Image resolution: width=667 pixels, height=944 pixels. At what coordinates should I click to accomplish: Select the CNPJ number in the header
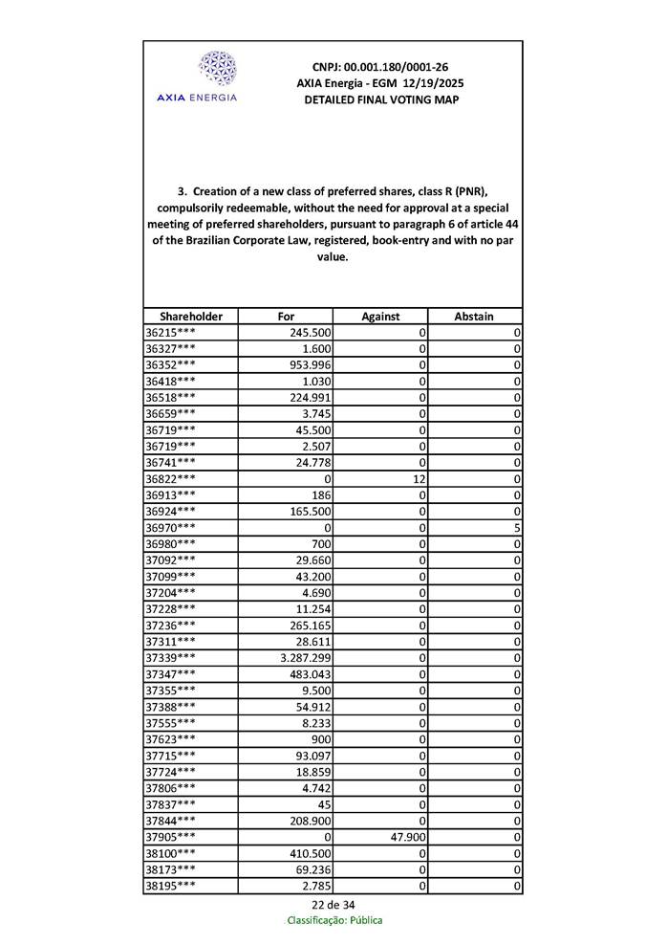tap(379, 67)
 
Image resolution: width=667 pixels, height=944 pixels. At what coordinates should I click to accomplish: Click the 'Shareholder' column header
tap(191, 317)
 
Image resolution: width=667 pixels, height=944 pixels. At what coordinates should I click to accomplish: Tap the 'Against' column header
tap(380, 317)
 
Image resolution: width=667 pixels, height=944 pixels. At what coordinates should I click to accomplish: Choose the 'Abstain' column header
tap(474, 317)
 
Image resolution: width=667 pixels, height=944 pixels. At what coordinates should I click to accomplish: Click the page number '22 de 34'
tap(333, 905)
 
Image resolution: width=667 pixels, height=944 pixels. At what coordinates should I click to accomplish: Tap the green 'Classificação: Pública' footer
tap(334, 920)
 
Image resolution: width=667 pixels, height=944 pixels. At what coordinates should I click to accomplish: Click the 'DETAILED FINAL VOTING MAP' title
tap(379, 99)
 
